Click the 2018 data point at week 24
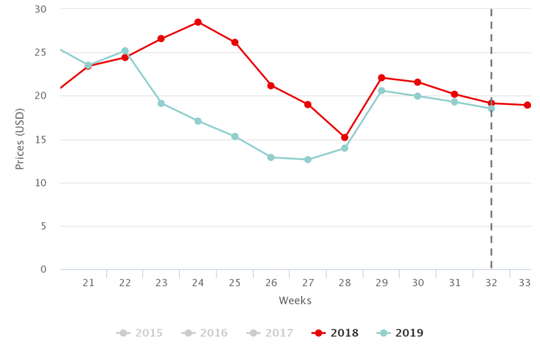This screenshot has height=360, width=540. pos(198,22)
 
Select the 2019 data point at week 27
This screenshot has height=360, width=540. pos(308,160)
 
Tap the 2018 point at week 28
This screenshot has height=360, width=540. pos(345,138)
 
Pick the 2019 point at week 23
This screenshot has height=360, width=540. pos(161,103)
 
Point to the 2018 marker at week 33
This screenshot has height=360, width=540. pos(527,105)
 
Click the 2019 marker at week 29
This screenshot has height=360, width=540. pos(381,91)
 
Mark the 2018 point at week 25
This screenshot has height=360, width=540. pos(235,42)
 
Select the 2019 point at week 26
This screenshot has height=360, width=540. pos(271,157)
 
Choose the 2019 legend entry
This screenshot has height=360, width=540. pos(401,333)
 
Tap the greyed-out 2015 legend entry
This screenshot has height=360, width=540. pos(140,333)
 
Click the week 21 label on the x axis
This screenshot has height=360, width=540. pos(89,283)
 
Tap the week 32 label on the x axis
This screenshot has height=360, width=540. pos(491,283)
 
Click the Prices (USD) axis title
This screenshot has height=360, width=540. pos(20,139)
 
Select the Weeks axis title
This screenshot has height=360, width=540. pos(295,301)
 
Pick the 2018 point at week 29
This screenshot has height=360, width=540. pos(381,78)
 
